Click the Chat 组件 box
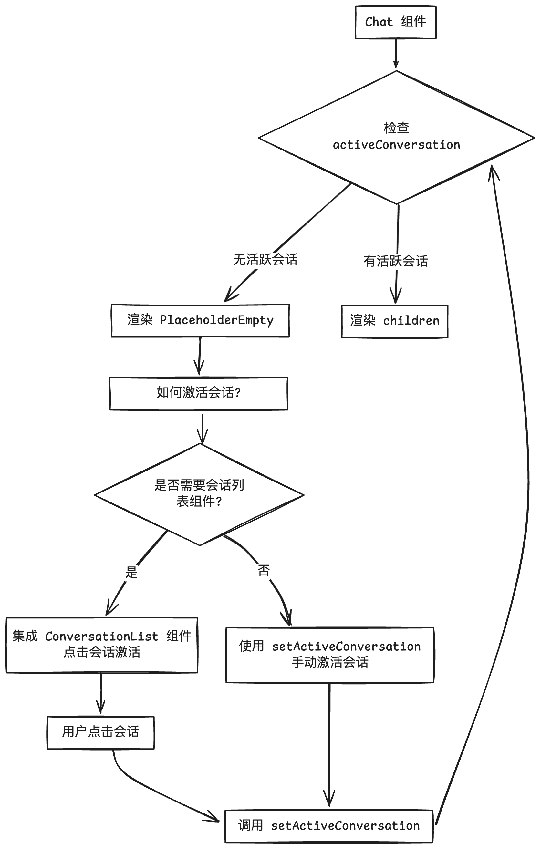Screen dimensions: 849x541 click(x=395, y=22)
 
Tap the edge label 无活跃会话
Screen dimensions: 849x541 click(x=265, y=260)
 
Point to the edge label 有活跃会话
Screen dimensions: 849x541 click(x=396, y=261)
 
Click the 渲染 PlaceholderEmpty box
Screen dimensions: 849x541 click(x=200, y=320)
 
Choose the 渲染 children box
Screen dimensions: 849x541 click(x=394, y=321)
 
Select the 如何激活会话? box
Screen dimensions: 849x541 click(x=199, y=393)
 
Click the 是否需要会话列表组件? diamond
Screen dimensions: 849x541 click(x=199, y=493)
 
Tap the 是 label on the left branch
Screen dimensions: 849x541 click(x=131, y=572)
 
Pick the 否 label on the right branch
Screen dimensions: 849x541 click(x=264, y=570)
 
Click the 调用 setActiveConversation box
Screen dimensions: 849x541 click(x=329, y=826)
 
